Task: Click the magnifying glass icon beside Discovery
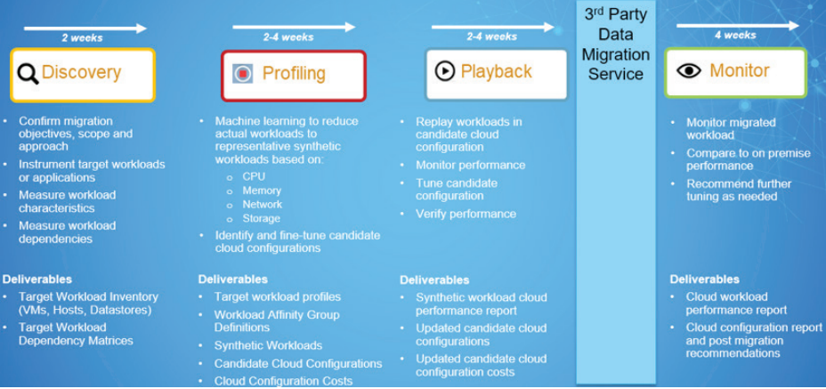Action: [x=28, y=74]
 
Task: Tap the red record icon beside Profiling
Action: [x=243, y=74]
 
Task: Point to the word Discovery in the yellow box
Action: [x=81, y=72]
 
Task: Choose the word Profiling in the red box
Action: [x=294, y=73]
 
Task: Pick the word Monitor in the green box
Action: [x=739, y=70]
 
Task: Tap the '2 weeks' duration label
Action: [x=83, y=38]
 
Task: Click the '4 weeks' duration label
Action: [x=735, y=36]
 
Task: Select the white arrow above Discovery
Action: [x=85, y=28]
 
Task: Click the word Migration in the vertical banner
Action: [x=616, y=54]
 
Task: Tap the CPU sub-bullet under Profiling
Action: [x=254, y=176]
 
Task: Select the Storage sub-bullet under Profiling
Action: [x=262, y=218]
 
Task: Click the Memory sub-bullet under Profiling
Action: [x=262, y=190]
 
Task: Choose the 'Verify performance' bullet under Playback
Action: [x=466, y=214]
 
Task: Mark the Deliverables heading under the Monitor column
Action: [x=705, y=280]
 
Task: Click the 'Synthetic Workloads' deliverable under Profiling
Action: [x=268, y=345]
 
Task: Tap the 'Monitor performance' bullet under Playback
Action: [x=471, y=165]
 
